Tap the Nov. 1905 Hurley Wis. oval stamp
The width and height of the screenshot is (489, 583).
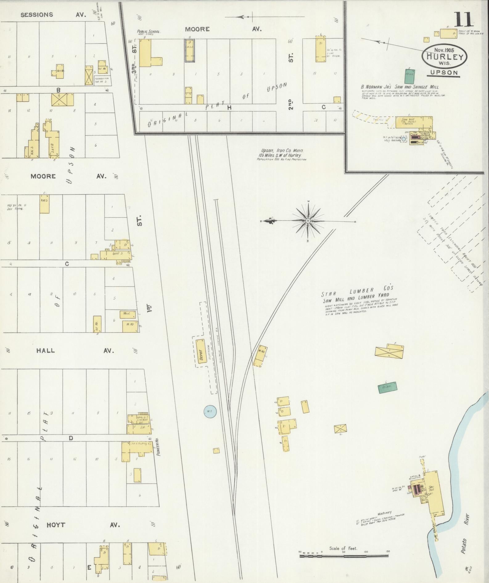[x=445, y=57]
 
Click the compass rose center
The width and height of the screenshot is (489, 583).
[x=308, y=221]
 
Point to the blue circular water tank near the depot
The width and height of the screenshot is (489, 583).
[x=210, y=411]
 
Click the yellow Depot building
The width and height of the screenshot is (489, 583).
[x=201, y=351]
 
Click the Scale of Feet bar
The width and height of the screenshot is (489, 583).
[x=344, y=556]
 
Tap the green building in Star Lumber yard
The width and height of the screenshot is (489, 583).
[x=388, y=388]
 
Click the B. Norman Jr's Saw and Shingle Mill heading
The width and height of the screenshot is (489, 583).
[x=400, y=87]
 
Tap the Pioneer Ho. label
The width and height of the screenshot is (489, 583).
[x=157, y=452]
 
